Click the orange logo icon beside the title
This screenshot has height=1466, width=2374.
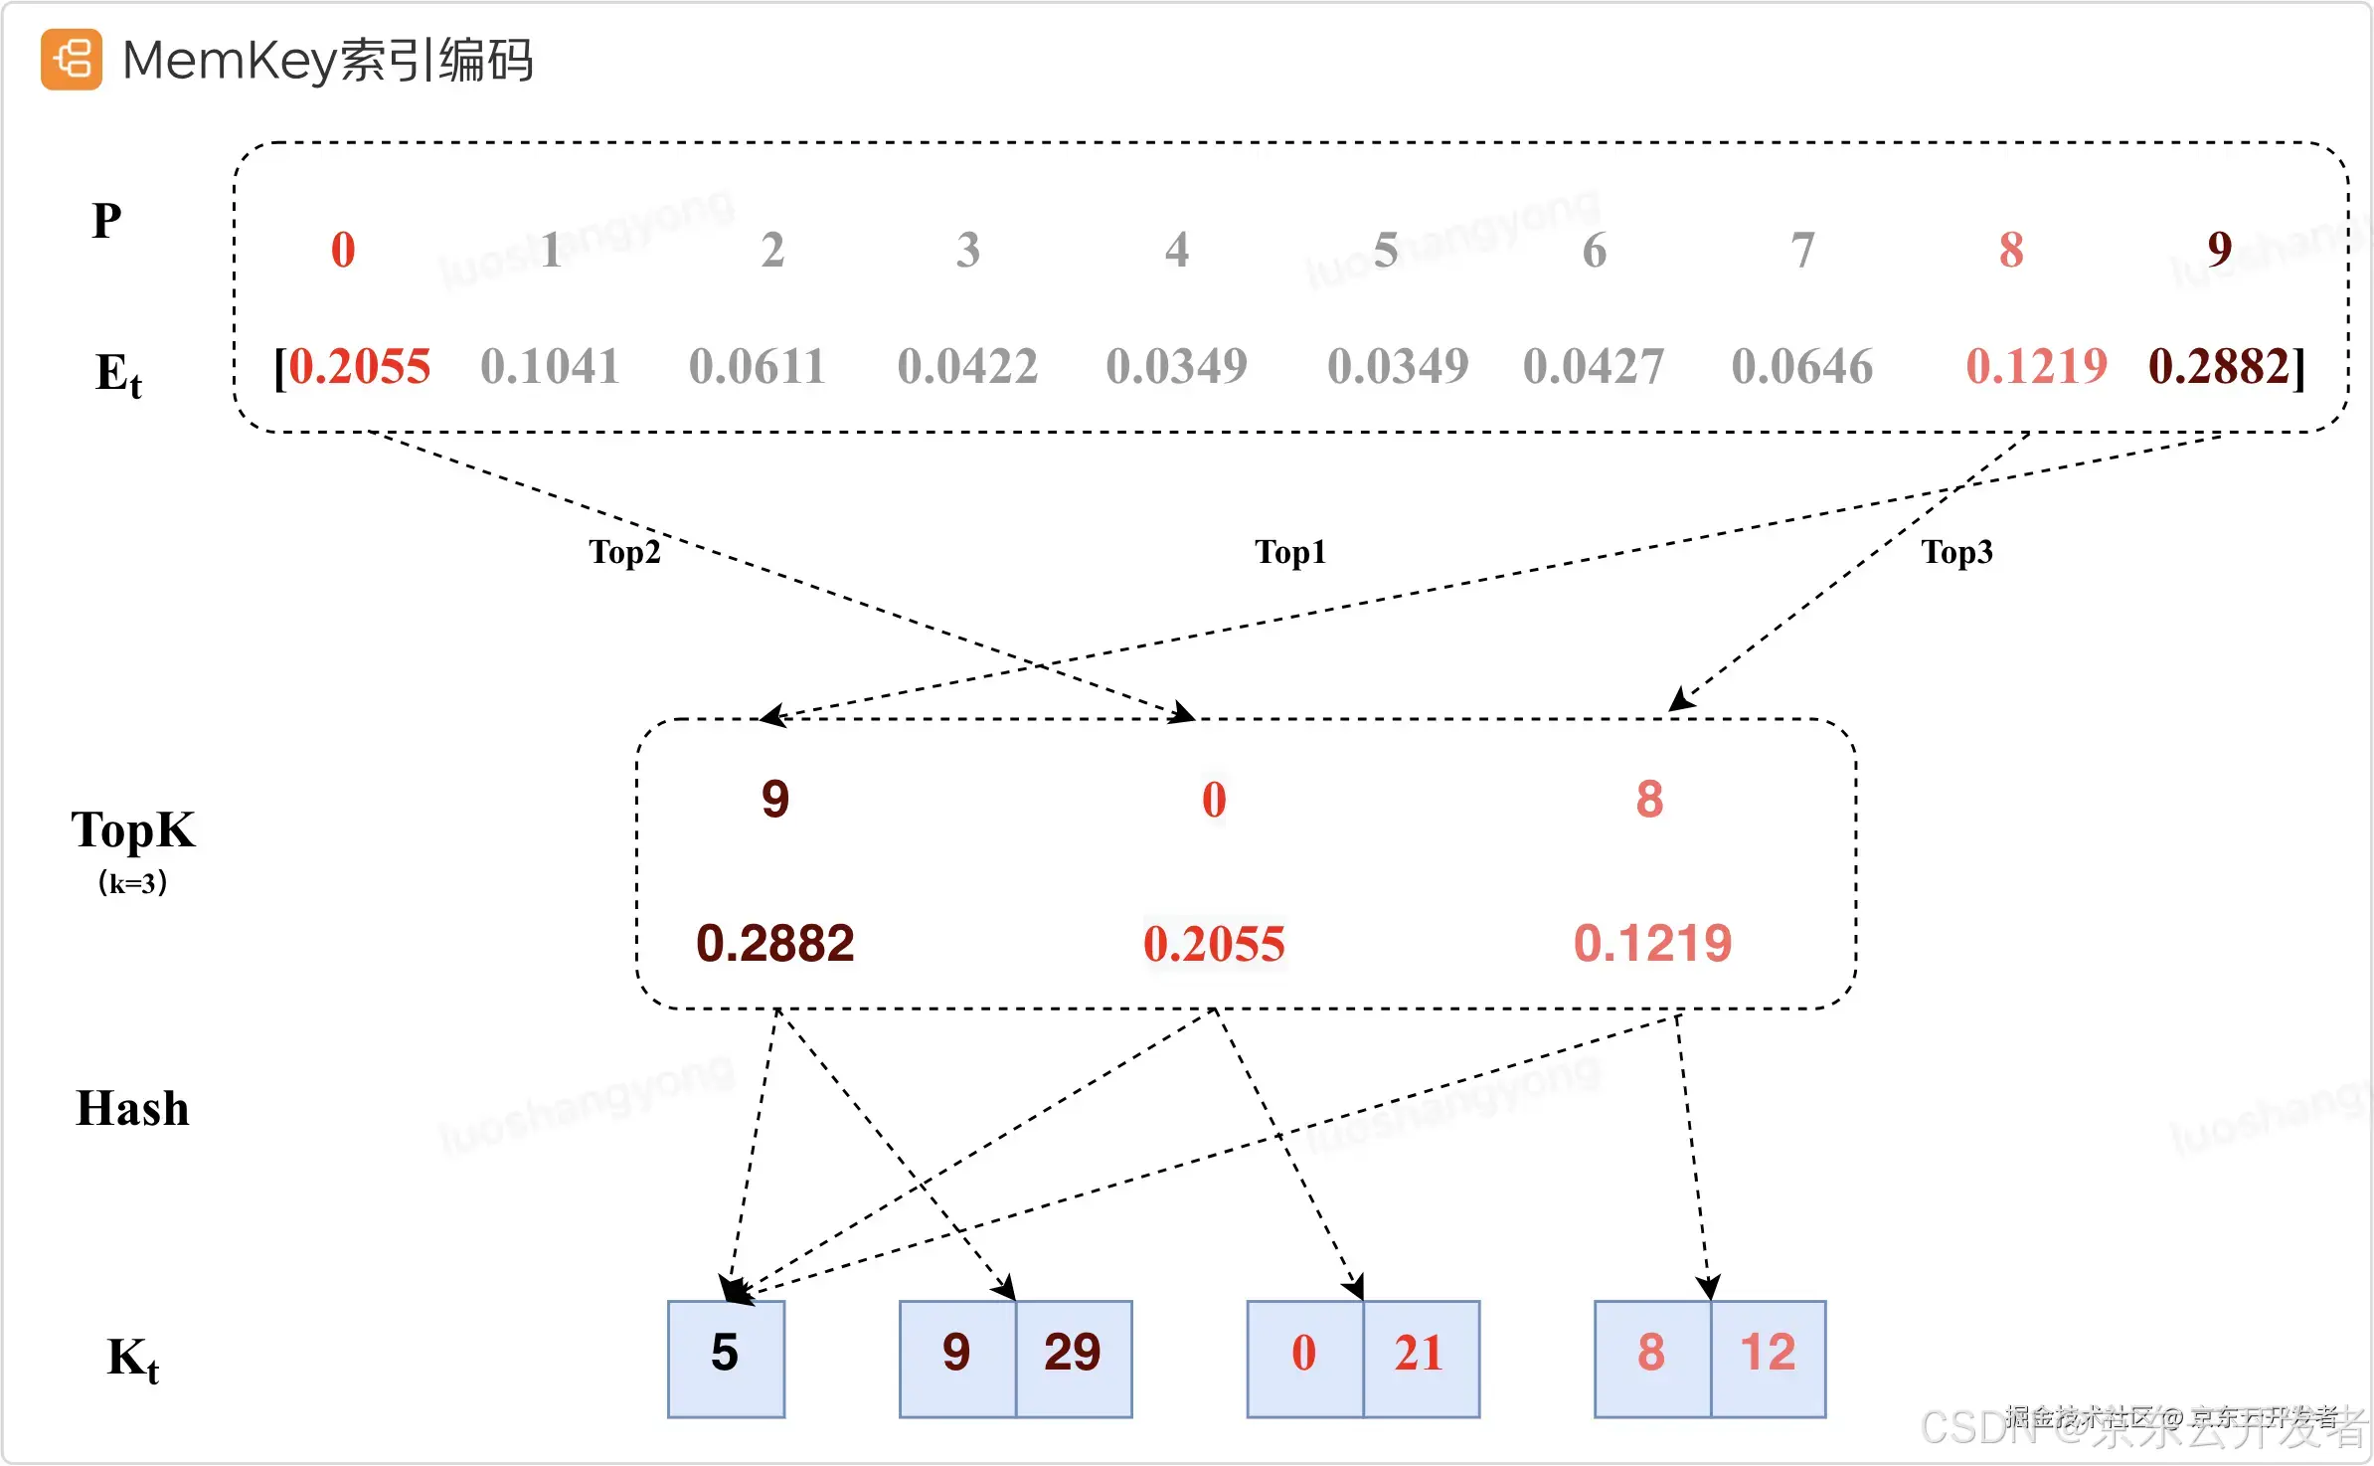(71, 60)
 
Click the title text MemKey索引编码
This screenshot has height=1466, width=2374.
(327, 60)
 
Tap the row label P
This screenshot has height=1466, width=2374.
(107, 220)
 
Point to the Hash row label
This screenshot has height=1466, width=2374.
(132, 1108)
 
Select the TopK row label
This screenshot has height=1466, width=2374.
(133, 829)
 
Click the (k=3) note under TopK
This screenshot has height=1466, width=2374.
(132, 882)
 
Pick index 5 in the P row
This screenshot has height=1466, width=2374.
(1386, 250)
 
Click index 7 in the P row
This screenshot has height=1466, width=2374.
(1802, 250)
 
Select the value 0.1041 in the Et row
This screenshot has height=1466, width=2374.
(550, 366)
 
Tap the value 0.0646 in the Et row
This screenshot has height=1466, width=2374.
(1801, 366)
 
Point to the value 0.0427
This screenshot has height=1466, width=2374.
(1593, 366)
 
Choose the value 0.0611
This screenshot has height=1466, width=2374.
(758, 366)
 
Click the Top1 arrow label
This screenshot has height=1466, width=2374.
(1290, 551)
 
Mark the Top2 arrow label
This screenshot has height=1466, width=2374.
(624, 551)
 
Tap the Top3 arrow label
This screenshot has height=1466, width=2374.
(1956, 551)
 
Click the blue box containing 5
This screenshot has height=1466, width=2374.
(726, 1358)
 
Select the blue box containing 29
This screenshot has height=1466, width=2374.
(1074, 1358)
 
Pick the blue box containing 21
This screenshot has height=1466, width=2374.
(1421, 1358)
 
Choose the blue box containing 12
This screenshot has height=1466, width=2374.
(1768, 1358)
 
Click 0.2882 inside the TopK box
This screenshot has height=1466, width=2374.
(775, 943)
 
